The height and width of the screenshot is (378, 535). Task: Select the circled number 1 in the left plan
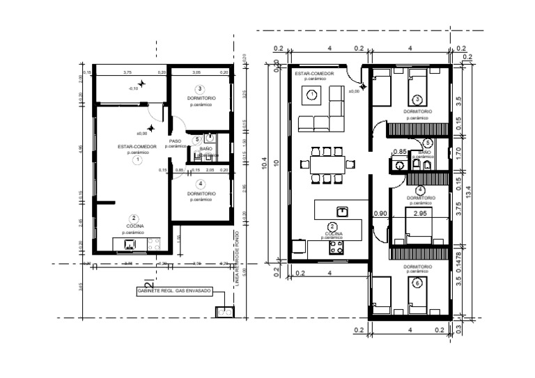click(x=138, y=159)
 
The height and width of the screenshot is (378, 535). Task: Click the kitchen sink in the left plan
click(x=130, y=244)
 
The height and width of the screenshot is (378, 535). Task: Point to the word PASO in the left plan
click(x=175, y=141)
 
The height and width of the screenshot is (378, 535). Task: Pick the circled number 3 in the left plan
click(x=200, y=89)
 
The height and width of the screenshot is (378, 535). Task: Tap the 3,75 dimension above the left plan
click(x=127, y=72)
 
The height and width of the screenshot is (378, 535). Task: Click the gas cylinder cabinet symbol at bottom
click(x=224, y=312)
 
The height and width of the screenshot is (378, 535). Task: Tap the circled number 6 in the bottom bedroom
click(x=417, y=283)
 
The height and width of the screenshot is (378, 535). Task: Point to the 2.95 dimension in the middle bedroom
click(x=420, y=214)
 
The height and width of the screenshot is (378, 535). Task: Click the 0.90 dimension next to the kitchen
click(x=380, y=214)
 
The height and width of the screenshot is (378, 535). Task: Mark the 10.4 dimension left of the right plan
click(x=264, y=163)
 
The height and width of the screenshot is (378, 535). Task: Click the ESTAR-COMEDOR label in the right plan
click(x=314, y=73)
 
